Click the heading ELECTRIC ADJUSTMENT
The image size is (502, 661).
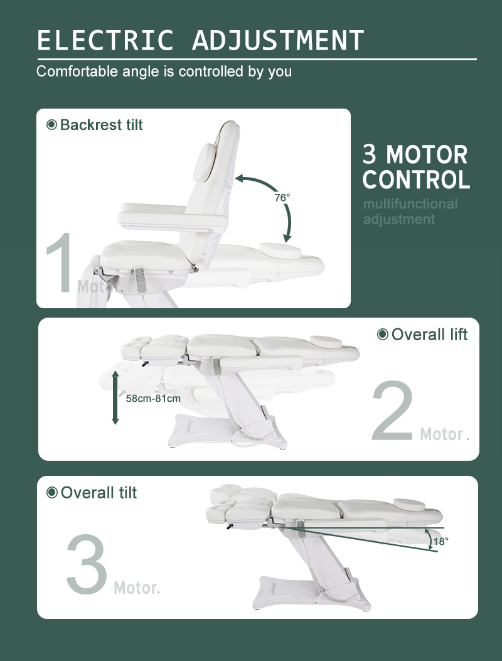point(201,40)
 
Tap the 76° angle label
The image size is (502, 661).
point(282,198)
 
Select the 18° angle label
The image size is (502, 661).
point(441,541)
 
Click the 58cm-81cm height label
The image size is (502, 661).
point(154,399)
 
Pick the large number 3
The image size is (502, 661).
point(87,564)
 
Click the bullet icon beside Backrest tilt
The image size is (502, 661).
point(51,125)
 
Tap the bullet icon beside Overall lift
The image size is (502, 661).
point(383,335)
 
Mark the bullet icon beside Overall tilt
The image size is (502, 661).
point(52,492)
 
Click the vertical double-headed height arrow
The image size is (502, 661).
point(115,397)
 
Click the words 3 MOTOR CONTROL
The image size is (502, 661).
point(416,167)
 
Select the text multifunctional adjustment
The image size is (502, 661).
point(410,212)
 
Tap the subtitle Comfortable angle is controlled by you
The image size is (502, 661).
point(164,71)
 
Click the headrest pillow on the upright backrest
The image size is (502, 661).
point(204,163)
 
